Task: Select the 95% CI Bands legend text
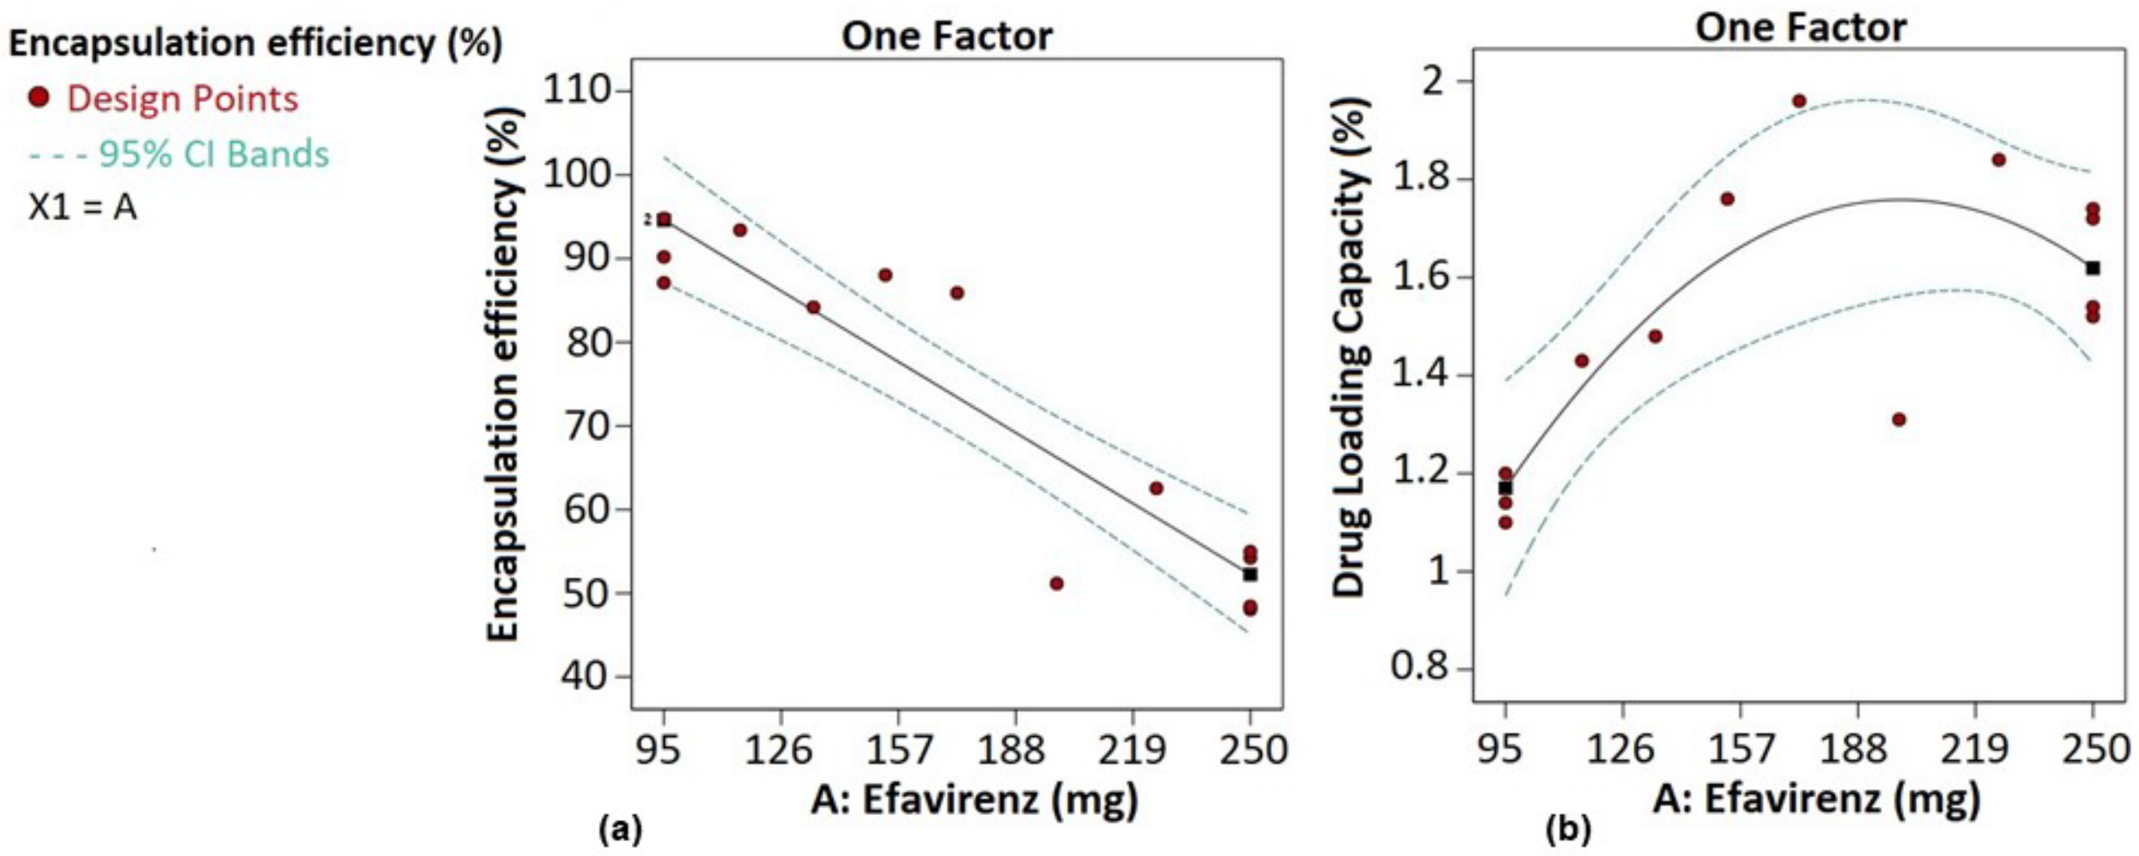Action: pyautogui.click(x=214, y=155)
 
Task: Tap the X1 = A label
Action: pyautogui.click(x=82, y=207)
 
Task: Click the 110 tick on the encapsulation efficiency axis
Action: pyautogui.click(x=585, y=89)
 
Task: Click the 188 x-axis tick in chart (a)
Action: pyautogui.click(x=1011, y=750)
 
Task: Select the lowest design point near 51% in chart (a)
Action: pyautogui.click(x=1056, y=584)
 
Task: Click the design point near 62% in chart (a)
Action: pyautogui.click(x=1156, y=488)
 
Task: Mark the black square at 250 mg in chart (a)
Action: pyautogui.click(x=1250, y=574)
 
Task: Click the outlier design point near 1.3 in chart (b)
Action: pyautogui.click(x=1898, y=419)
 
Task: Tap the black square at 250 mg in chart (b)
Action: pyautogui.click(x=2092, y=268)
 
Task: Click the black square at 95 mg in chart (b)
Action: pyautogui.click(x=1505, y=487)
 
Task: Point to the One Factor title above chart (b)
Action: pyautogui.click(x=1800, y=28)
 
